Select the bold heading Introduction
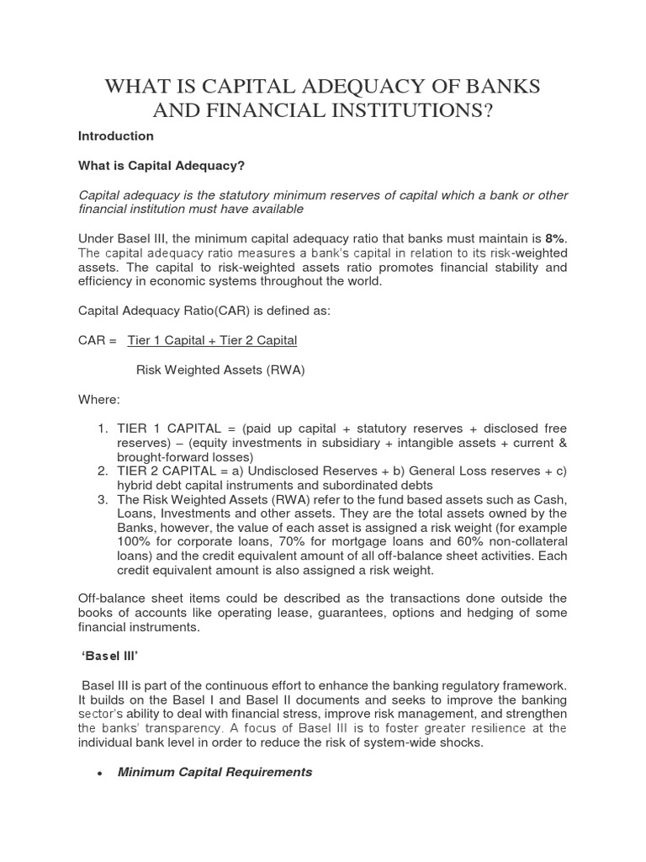[115, 136]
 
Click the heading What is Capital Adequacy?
[154, 165]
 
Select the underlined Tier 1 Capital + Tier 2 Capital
[212, 340]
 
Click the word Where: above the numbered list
[98, 398]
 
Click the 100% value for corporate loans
[132, 542]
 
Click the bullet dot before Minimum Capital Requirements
[100, 773]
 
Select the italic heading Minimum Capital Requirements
[214, 772]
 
